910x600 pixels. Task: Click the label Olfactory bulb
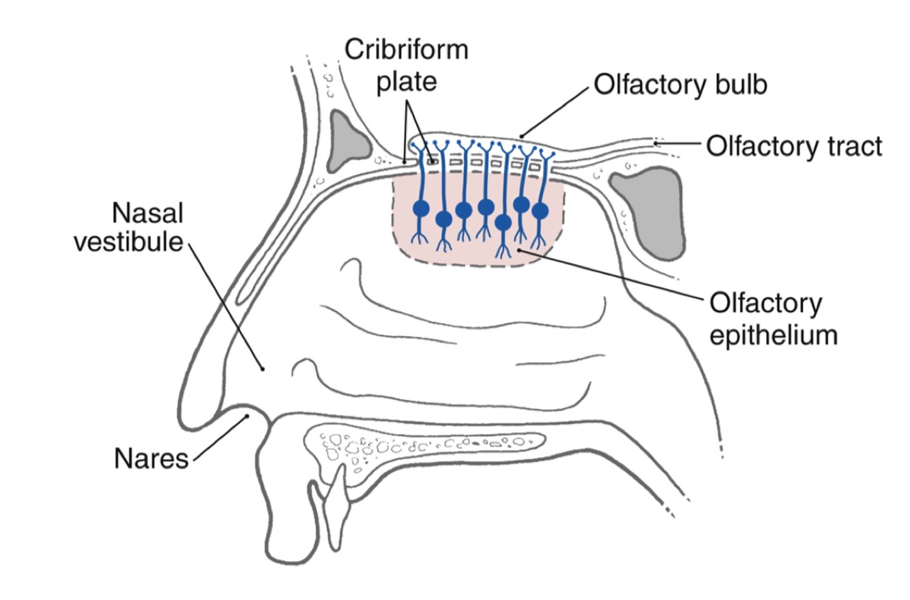point(681,85)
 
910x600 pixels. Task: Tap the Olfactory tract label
point(794,145)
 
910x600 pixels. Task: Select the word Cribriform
point(407,49)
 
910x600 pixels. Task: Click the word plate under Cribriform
point(407,81)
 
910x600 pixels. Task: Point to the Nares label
point(151,459)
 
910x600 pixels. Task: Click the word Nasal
point(148,213)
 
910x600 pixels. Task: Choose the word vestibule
point(129,242)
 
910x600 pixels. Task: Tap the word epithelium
point(773,334)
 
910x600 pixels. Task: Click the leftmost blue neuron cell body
point(420,209)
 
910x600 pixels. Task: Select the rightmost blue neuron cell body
point(540,211)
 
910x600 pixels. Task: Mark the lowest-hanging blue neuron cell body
point(503,223)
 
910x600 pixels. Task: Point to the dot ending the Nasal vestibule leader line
point(263,369)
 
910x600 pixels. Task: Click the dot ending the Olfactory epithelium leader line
point(519,251)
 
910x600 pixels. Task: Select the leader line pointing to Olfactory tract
point(679,144)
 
